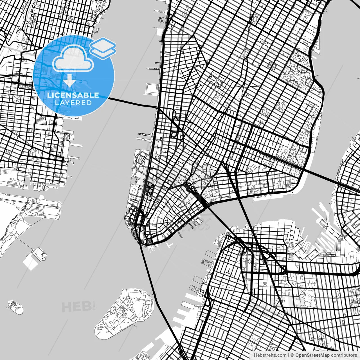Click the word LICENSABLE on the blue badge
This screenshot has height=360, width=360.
click(73, 95)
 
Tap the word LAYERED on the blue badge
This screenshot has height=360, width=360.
click(73, 103)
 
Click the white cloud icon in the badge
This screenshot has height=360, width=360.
click(73, 58)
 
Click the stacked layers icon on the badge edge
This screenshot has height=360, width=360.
click(103, 48)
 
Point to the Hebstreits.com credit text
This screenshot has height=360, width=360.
click(270, 355)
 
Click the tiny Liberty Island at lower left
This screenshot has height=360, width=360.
click(15, 307)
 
